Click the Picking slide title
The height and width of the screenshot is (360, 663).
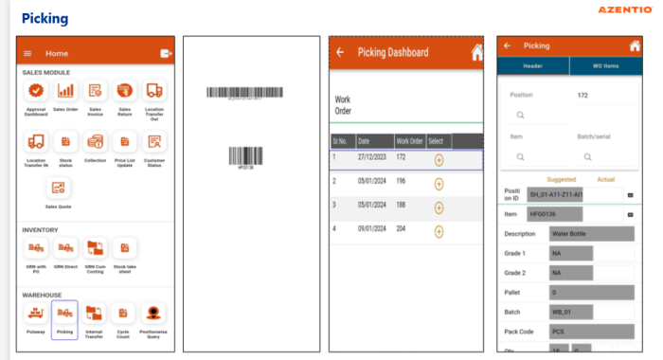pos(45,18)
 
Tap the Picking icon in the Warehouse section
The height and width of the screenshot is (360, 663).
pos(64,314)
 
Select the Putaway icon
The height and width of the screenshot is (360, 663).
pos(36,314)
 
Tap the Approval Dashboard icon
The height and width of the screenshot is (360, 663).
pos(36,91)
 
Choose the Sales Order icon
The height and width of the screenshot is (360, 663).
pos(65,91)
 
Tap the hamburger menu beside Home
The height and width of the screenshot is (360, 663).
pos(27,53)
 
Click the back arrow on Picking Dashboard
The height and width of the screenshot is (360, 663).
pos(339,52)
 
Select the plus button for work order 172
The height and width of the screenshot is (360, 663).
pos(439,159)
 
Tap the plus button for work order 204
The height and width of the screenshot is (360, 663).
pos(439,230)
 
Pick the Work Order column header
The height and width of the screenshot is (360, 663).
pos(409,141)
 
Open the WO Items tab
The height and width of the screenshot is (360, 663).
pos(604,65)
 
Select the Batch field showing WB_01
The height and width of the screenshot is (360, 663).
pos(571,312)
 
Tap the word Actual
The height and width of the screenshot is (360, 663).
pos(606,179)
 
